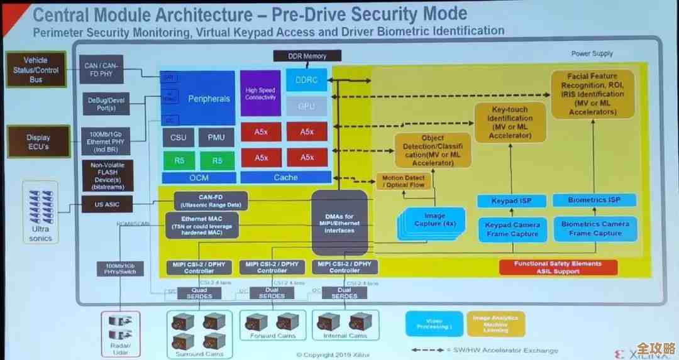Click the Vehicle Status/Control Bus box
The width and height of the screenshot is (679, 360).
tap(36, 70)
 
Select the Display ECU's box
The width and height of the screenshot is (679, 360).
tap(38, 141)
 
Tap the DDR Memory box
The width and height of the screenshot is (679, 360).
tap(307, 56)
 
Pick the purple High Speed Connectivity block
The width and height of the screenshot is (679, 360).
tap(260, 94)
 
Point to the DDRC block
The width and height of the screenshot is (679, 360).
tap(306, 80)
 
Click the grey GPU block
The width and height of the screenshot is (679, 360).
tap(306, 106)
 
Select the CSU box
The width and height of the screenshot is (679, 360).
tap(179, 136)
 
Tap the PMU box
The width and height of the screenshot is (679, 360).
tap(216, 136)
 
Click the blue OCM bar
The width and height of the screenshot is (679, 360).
tap(198, 178)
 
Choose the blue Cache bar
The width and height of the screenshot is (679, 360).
tap(285, 178)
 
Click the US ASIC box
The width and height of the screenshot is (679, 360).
tap(108, 204)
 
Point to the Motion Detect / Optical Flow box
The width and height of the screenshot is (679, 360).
tap(404, 182)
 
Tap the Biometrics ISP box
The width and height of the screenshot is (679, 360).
tap(594, 200)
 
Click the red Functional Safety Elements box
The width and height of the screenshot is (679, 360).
tap(558, 268)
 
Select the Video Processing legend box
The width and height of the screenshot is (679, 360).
tap(434, 323)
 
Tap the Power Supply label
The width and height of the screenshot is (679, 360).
tap(592, 54)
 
